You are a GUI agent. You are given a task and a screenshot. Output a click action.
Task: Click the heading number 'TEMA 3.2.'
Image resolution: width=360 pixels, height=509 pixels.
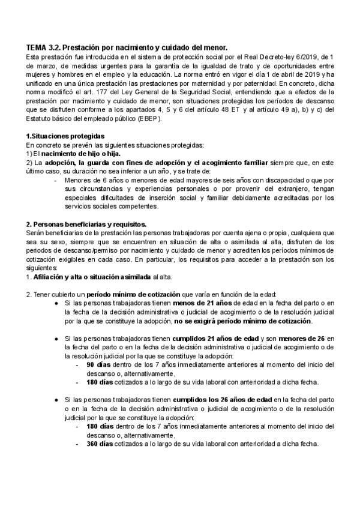(x=43, y=47)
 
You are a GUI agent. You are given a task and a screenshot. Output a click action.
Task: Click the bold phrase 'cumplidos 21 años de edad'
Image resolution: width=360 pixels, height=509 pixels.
(x=211, y=338)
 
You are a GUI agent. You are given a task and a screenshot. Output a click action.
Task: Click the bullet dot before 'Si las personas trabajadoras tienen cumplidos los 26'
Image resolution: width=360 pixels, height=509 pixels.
(x=55, y=399)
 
